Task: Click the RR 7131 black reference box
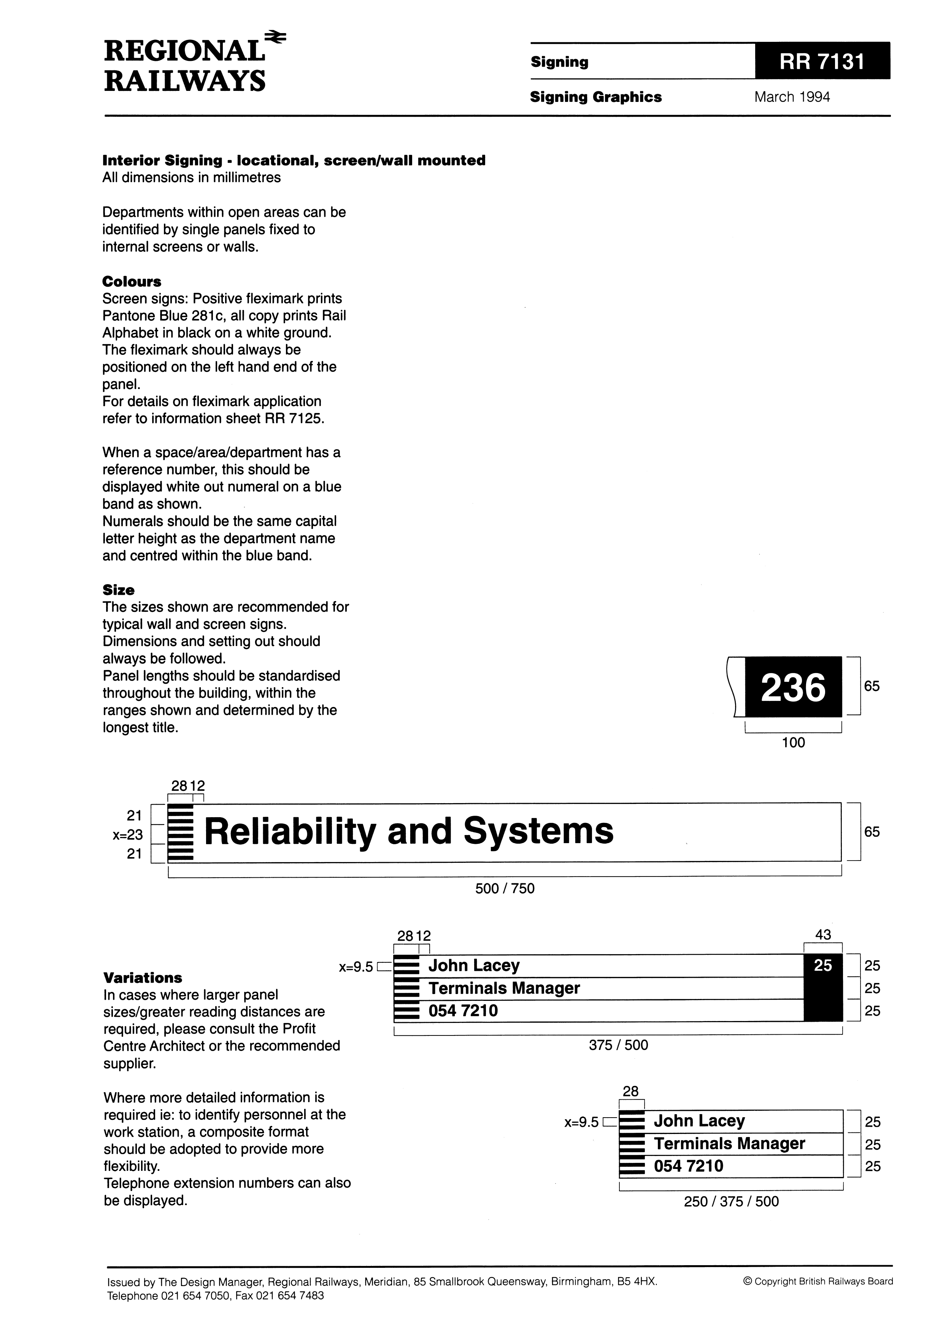pos(822,61)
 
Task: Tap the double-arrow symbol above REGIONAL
pos(275,37)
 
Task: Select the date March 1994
pos(792,97)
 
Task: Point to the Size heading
pos(119,590)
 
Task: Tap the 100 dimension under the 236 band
pos(793,743)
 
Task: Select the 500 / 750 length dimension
pos(504,888)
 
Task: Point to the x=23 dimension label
pos(128,835)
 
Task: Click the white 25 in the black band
pos(823,965)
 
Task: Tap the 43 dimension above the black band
pos(823,935)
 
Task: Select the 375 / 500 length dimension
pos(618,1045)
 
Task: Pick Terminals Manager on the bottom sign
pos(729,1143)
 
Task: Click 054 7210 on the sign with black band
pos(463,1011)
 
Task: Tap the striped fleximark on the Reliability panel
pos(180,832)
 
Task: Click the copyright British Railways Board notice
pos(818,1281)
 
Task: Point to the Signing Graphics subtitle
pos(595,97)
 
